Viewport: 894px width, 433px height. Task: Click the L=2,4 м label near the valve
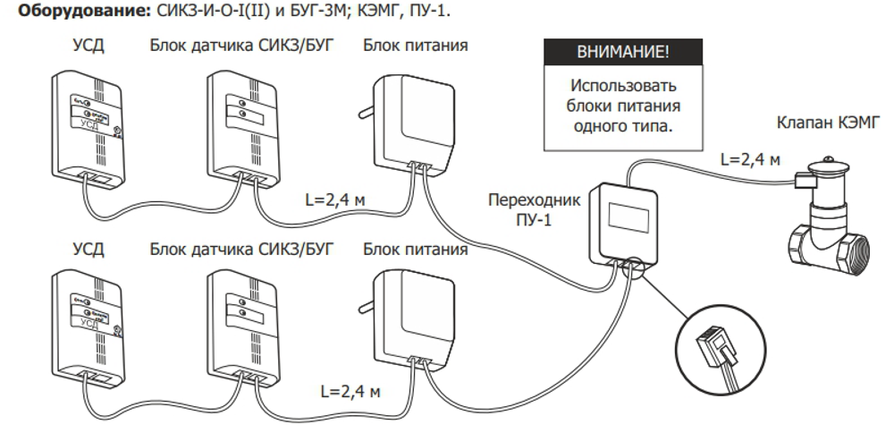coord(751,159)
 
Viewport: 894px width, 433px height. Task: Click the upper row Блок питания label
coord(415,45)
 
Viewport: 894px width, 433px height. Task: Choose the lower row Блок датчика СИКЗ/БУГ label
coord(241,249)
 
